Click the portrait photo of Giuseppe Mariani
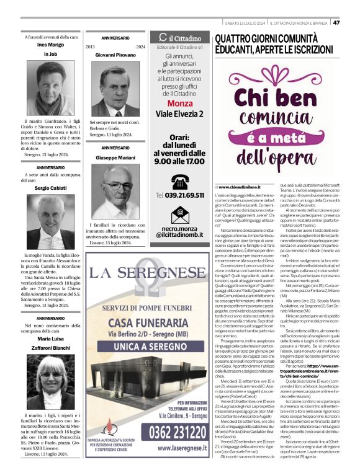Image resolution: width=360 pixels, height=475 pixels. pos(115,190)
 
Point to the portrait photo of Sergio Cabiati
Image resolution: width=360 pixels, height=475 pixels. pos(50,223)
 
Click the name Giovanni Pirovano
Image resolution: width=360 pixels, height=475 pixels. pos(115,55)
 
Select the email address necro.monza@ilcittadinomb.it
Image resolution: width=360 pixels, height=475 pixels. pos(179,233)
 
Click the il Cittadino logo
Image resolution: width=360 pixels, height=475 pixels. pos(179,38)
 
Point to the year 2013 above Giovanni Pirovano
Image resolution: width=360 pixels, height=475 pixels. pos(91,47)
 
